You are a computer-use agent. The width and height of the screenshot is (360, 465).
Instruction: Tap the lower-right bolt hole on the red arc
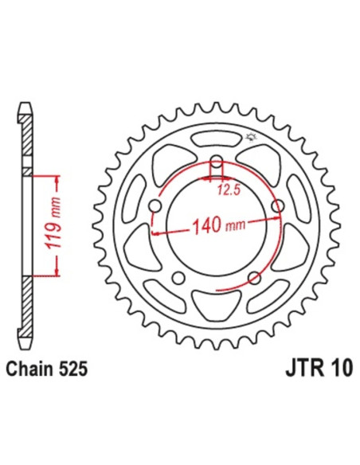(x=254, y=277)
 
